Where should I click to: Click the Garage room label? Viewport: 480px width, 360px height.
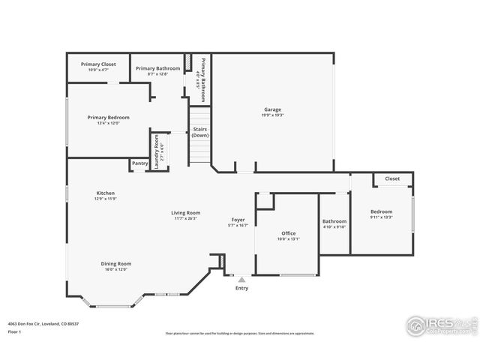[272, 109]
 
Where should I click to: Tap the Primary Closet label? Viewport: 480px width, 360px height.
[97, 64]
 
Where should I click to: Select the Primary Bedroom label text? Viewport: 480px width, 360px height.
[108, 117]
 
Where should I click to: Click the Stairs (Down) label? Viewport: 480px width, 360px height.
[200, 132]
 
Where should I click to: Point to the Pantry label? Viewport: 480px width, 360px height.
[139, 163]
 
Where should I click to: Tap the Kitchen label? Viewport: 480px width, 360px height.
[105, 193]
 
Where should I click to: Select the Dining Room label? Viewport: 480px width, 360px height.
[116, 263]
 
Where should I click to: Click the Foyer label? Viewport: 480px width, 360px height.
[238, 220]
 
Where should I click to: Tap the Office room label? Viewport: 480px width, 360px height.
[288, 233]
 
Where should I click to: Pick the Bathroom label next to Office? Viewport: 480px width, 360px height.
[334, 221]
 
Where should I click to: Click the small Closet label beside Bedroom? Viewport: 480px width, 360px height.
[392, 178]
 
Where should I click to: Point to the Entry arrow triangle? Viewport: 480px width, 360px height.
[241, 280]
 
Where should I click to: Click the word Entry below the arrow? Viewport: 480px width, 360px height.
[241, 288]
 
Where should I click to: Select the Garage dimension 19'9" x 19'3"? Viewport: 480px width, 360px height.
[272, 115]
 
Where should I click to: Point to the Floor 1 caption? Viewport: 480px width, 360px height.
[14, 331]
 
